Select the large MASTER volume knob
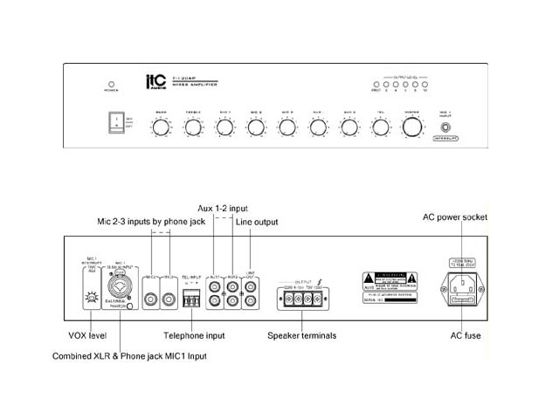[x=412, y=127]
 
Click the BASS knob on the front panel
[x=162, y=127]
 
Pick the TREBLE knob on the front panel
[x=192, y=127]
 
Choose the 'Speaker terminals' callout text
[x=304, y=334]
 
